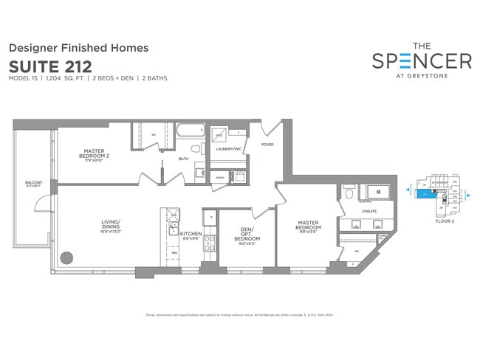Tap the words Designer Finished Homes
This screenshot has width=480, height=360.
coord(78,48)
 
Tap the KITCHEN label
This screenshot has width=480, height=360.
coord(191,234)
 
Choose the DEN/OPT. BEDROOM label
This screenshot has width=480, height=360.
coord(246,235)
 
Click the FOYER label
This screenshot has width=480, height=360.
coord(267,145)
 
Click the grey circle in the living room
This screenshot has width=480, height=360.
coord(67,258)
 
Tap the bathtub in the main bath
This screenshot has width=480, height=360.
coord(191,134)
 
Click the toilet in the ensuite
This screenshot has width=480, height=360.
coord(348,194)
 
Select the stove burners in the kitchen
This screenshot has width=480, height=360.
coord(209,243)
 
